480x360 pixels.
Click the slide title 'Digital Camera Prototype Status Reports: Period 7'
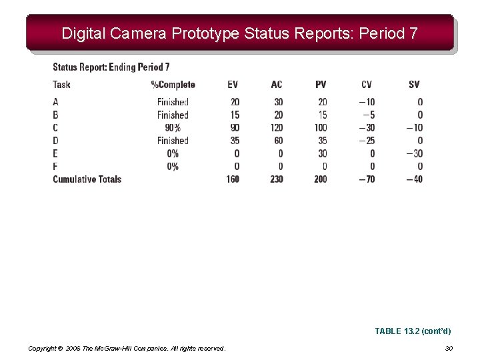239,33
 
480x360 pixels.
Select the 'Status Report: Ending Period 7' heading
111,67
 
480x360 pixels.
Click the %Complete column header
173,85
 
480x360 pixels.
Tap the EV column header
233,85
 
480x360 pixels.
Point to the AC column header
277,85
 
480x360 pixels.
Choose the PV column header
321,85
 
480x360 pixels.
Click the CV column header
367,85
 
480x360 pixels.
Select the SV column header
414,85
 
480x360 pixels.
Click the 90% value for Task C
173,128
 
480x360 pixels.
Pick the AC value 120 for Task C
277,128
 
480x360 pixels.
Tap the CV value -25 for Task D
366,141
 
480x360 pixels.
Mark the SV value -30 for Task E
414,153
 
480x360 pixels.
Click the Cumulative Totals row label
87,179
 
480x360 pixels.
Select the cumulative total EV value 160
233,179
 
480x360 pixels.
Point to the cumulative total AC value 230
277,179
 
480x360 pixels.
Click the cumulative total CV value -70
366,179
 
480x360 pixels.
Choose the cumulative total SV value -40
414,179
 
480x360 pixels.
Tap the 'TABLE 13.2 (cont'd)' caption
413,331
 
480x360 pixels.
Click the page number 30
449,348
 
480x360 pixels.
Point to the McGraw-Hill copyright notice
127,348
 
